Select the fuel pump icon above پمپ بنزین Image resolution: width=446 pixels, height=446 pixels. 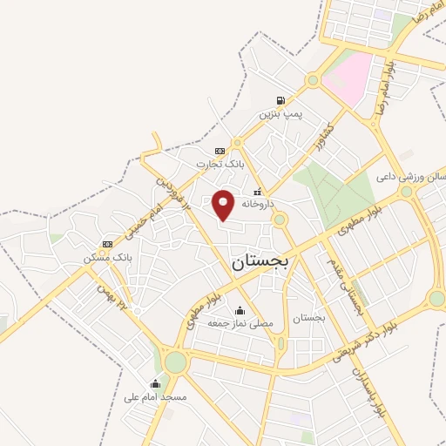[280, 100]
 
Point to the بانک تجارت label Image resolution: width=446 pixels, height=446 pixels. [216, 163]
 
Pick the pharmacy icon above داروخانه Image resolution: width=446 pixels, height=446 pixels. [256, 190]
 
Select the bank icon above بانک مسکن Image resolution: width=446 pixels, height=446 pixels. [107, 245]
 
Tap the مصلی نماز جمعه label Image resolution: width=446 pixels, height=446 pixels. [240, 323]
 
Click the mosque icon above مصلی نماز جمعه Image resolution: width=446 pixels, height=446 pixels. [240, 310]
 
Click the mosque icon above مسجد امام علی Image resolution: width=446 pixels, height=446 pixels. [155, 383]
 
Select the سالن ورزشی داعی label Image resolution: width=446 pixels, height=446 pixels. [410, 176]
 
